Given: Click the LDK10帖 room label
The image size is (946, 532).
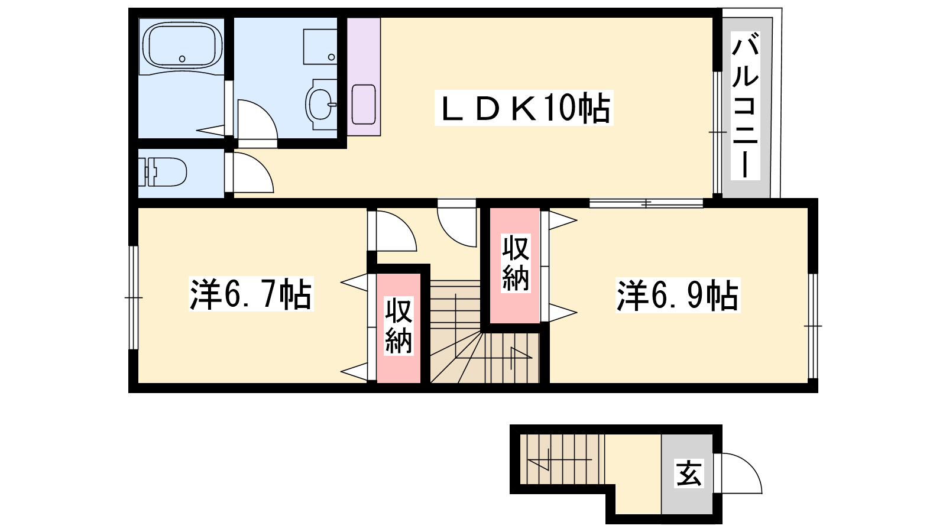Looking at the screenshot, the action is pos(524,108).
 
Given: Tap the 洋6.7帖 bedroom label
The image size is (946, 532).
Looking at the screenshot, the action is pos(251,294).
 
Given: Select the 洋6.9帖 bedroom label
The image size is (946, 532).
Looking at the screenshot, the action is pos(678,295).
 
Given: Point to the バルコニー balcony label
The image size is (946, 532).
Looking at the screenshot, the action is pos(746,106).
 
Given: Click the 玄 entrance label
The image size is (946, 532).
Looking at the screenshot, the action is pos(689,473).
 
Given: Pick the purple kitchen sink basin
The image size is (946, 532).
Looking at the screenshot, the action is pos(364,104).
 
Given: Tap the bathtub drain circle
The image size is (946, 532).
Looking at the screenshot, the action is pos(182,59).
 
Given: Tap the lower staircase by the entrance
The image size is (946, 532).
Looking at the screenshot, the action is pos(562,459).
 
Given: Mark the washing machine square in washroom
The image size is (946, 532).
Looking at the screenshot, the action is pos(320,47).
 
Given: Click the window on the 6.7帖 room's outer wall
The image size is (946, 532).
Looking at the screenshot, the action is pos(134,298).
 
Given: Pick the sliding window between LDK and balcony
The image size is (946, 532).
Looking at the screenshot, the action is pos(718,132).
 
